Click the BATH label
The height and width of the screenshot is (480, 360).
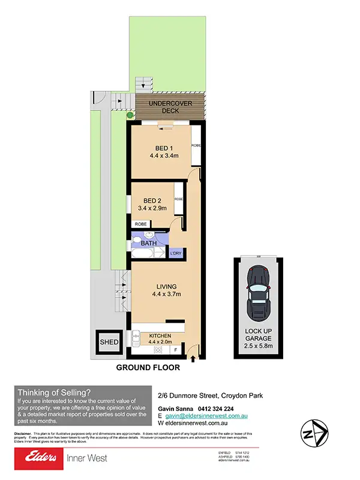click(x=149, y=244)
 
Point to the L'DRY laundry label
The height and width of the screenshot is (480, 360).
click(x=176, y=254)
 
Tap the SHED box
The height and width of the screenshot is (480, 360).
click(x=109, y=342)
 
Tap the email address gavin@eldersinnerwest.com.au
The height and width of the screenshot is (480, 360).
click(x=208, y=415)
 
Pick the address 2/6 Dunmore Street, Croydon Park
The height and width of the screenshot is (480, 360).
click(x=210, y=395)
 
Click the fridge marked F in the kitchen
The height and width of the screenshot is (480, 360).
click(x=175, y=349)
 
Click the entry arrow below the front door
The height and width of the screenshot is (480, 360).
click(x=193, y=359)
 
